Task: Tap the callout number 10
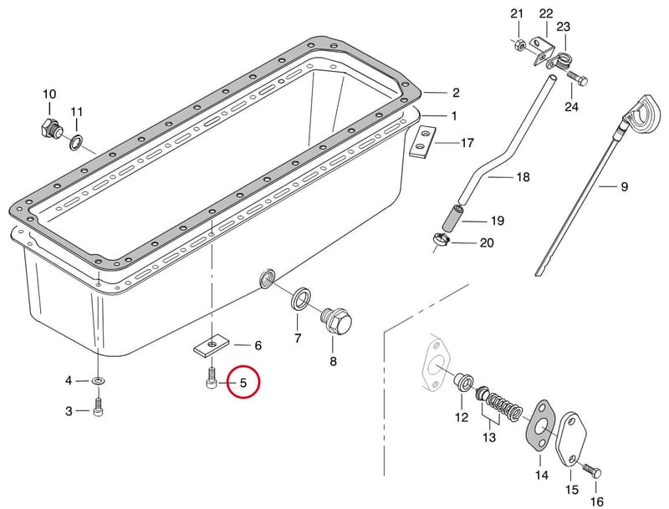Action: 49,94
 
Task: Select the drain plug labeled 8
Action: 336,322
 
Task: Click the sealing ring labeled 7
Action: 300,299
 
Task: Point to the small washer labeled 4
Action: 99,379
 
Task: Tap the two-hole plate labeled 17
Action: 421,142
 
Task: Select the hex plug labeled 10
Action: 50,128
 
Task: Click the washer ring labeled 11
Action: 77,142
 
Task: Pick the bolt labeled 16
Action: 591,471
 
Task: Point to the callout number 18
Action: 523,176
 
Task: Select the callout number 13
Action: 489,437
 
